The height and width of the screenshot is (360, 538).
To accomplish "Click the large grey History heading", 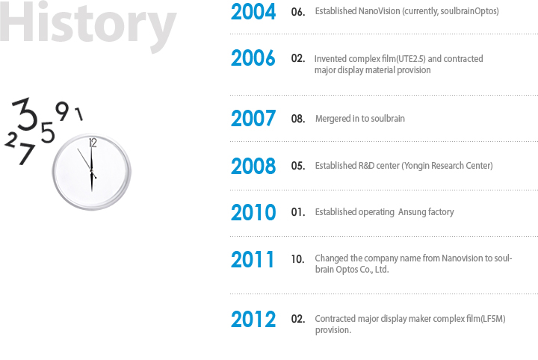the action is tap(87, 24).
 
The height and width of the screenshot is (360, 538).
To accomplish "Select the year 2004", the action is tap(253, 12).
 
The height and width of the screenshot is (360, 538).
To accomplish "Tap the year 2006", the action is tap(253, 58).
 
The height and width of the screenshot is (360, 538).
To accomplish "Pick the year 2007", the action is tap(253, 118).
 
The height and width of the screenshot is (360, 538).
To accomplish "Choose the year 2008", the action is tap(253, 166).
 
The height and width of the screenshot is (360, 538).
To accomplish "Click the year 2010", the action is tap(253, 212).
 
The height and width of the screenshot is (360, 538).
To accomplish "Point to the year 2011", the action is tap(253, 259).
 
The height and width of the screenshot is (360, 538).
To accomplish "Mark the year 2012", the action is tap(253, 319).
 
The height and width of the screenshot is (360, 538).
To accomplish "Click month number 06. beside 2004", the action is tap(298, 12).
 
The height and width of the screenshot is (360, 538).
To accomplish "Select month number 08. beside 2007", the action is tap(298, 119).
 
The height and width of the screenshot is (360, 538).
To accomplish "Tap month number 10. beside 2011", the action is tap(298, 259).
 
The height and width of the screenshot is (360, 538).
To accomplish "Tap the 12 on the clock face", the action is tap(93, 143).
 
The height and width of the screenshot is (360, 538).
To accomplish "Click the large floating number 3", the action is tap(25, 114).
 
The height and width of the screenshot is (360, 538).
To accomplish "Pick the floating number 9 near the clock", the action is tap(62, 111).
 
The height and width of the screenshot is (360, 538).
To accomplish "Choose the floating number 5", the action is tap(48, 132).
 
